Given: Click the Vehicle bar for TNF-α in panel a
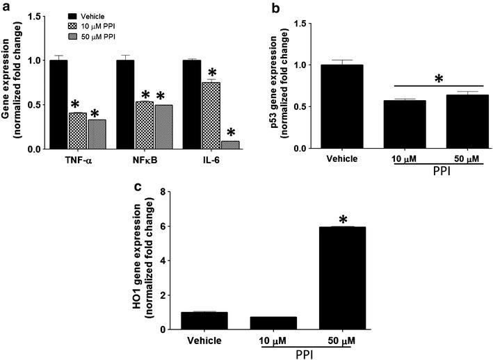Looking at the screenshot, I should [x=58, y=104].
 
